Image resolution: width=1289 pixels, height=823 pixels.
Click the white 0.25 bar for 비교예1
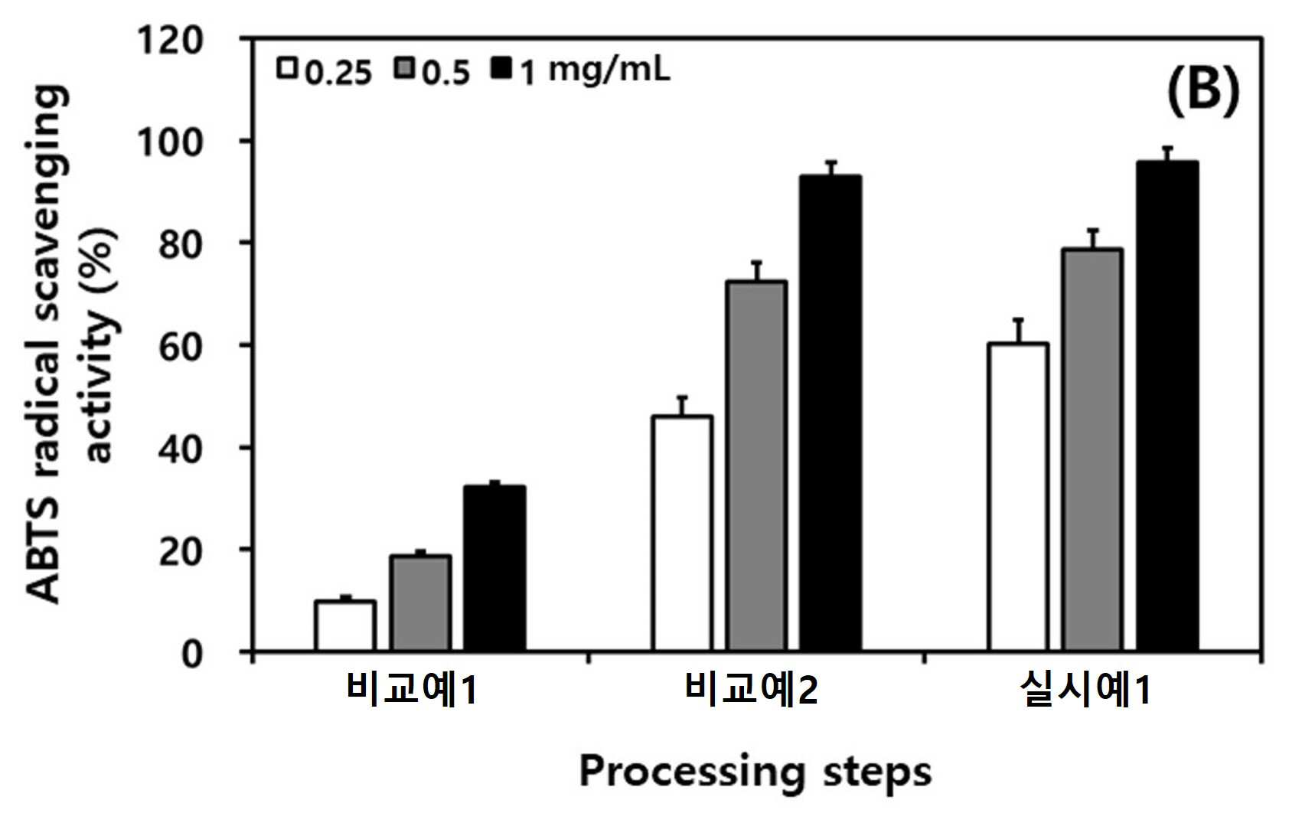pos(345,625)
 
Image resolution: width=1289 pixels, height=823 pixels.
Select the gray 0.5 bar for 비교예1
pos(420,603)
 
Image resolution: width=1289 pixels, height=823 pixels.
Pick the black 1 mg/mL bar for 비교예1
pos(494,569)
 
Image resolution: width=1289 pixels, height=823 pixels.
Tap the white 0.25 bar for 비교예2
pos(683,534)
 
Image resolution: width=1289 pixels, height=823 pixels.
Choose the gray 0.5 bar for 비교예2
pos(757,466)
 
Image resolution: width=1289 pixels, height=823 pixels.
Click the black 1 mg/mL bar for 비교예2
pos(831,413)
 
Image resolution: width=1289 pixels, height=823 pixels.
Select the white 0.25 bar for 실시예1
pos(1019,498)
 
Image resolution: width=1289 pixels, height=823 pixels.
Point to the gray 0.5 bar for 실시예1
pos(1093,450)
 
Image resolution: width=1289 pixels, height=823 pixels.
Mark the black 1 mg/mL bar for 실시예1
pos(1167,407)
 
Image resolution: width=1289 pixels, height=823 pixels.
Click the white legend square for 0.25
pos(286,68)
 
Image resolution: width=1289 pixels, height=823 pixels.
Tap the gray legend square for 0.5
pos(405,68)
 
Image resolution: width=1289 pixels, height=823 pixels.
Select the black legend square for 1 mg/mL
pos(501,68)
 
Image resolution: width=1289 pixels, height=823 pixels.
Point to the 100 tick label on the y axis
pos(171,142)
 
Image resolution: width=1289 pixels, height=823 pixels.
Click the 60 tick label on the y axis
pos(181,347)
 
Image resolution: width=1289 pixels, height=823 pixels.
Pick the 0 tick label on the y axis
pos(192,654)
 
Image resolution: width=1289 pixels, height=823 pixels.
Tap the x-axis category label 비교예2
pos(751,688)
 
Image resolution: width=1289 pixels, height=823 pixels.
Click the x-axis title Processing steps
pos(755,773)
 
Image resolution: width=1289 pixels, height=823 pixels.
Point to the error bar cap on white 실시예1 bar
pos(1019,318)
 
